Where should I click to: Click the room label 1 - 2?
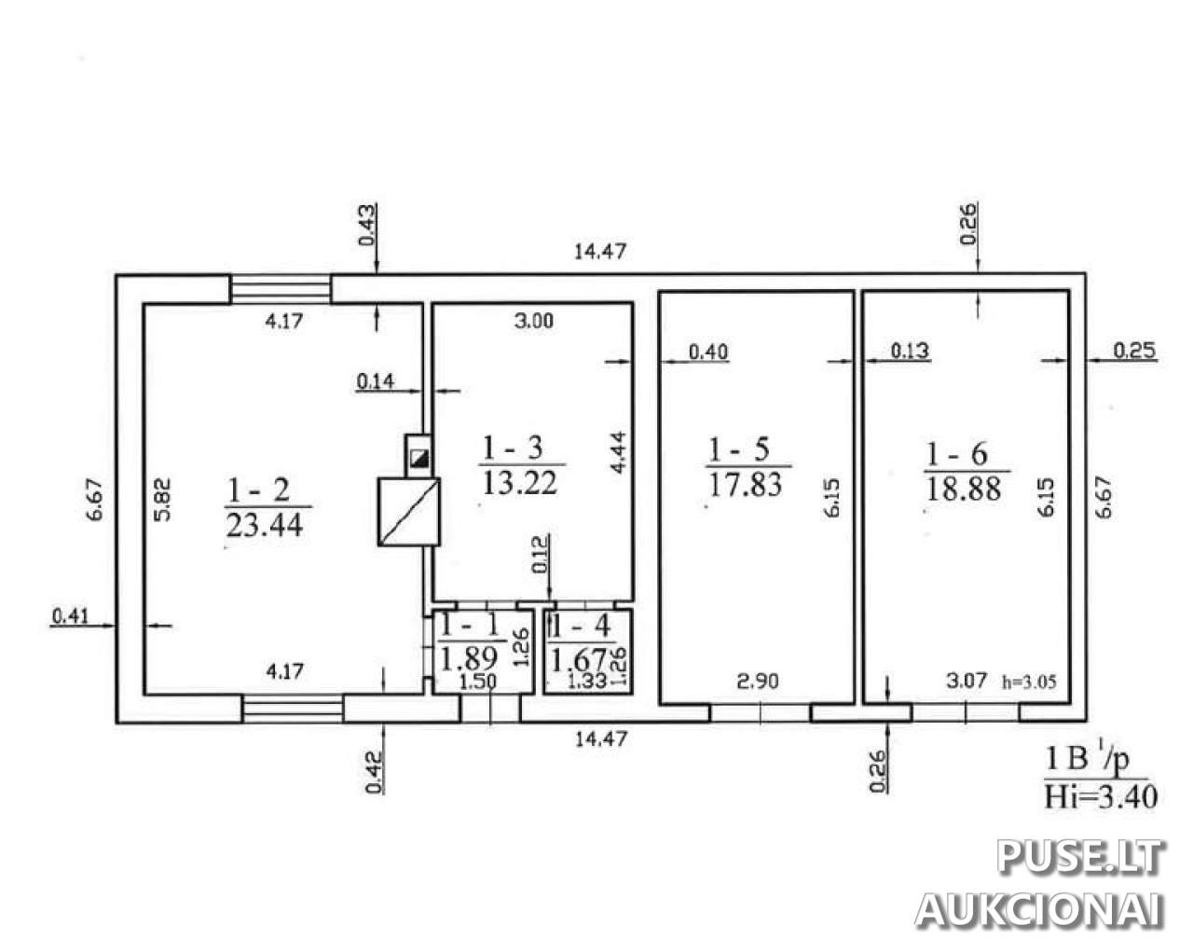tap(259, 490)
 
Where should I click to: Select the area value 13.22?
tap(519, 483)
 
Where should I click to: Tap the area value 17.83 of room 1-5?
tap(745, 484)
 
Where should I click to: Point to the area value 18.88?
tap(964, 489)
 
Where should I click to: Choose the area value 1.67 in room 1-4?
tap(579, 659)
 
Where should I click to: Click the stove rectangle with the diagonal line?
tap(409, 512)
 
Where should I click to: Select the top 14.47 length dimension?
tap(600, 252)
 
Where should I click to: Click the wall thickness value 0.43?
tap(367, 224)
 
